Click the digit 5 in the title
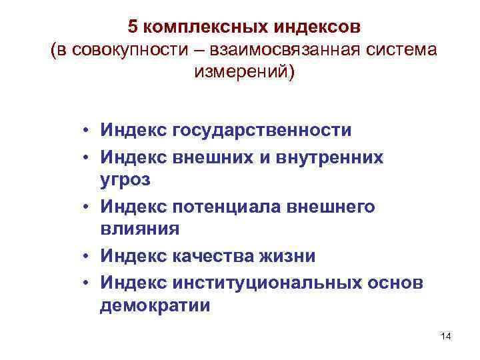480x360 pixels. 133,27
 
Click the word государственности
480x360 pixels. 261,130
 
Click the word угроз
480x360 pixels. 126,180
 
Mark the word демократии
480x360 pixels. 155,306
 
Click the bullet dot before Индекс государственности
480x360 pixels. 87,130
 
